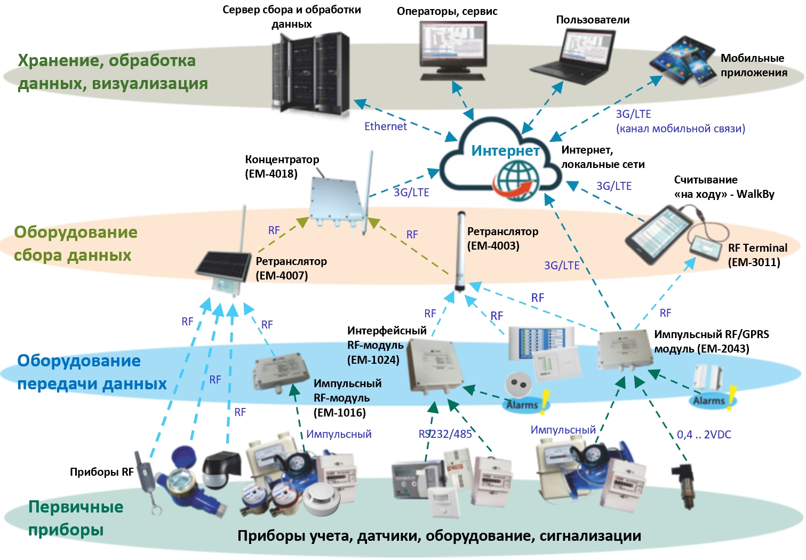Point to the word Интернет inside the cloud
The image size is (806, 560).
point(505,151)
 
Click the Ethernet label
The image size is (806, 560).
point(385,126)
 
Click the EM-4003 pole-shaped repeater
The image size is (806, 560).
point(460,251)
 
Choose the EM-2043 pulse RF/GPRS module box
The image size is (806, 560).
point(624,349)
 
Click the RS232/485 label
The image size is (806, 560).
point(445,434)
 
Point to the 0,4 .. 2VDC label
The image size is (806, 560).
point(704,435)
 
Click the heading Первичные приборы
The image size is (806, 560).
point(75,518)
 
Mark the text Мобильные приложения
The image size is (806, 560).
point(753,66)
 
